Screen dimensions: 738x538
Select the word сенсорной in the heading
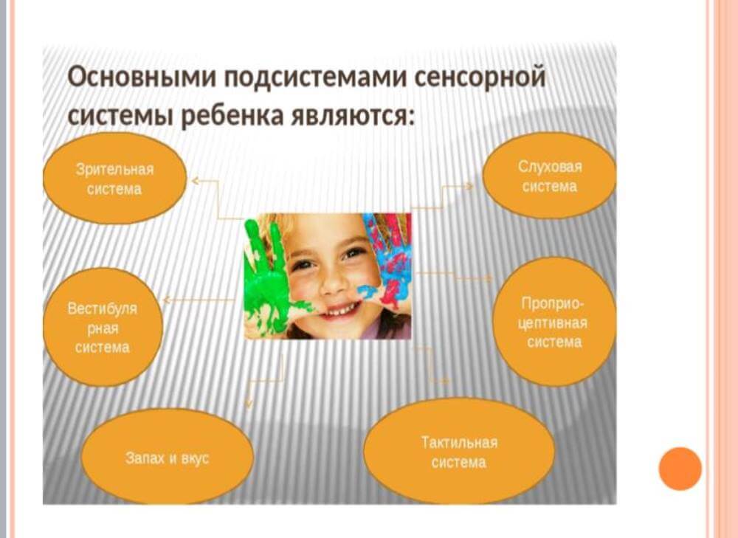pyautogui.click(x=480, y=77)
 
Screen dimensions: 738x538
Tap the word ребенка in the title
pyautogui.click(x=232, y=116)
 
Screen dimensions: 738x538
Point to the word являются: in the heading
pyautogui.click(x=353, y=117)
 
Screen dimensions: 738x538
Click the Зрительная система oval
pyautogui.click(x=114, y=179)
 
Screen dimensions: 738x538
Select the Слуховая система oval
pyautogui.click(x=549, y=176)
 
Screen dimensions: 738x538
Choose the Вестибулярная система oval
pyautogui.click(x=103, y=328)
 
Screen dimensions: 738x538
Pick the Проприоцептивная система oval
pyautogui.click(x=554, y=323)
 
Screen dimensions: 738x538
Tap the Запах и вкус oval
pyautogui.click(x=167, y=457)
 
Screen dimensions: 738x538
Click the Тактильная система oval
pyautogui.click(x=459, y=452)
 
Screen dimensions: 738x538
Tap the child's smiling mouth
pyautogui.click(x=338, y=310)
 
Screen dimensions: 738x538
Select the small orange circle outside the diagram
pyautogui.click(x=680, y=469)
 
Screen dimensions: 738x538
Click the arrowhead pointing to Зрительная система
pyautogui.click(x=195, y=180)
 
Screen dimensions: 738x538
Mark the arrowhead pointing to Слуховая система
pyautogui.click(x=469, y=187)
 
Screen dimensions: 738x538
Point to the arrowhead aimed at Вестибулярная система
pyautogui.click(x=166, y=300)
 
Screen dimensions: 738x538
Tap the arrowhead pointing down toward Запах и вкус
pyautogui.click(x=249, y=404)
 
